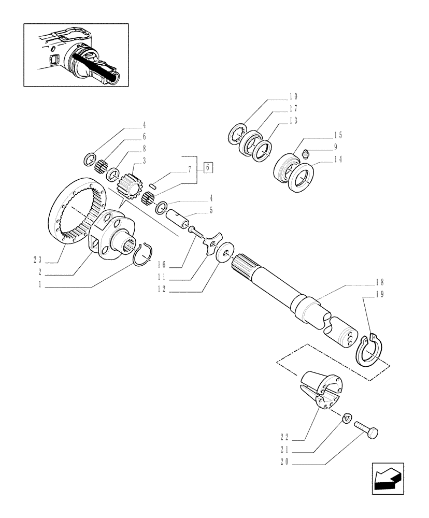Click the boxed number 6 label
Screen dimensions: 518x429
click(208, 167)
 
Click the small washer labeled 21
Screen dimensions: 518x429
click(348, 416)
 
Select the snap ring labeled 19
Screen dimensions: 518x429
click(369, 350)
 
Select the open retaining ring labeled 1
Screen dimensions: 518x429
click(140, 254)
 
